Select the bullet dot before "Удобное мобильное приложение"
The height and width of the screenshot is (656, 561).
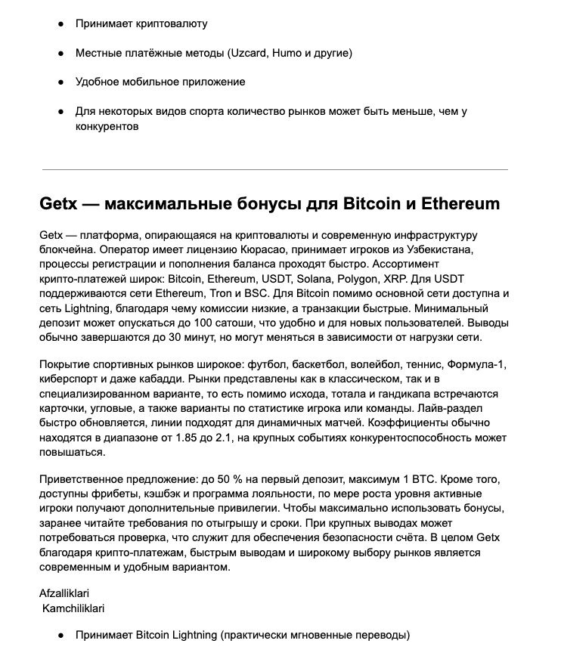pos(60,82)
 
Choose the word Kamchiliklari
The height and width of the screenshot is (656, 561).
pos(73,608)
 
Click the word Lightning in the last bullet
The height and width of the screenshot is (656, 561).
pos(191,636)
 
